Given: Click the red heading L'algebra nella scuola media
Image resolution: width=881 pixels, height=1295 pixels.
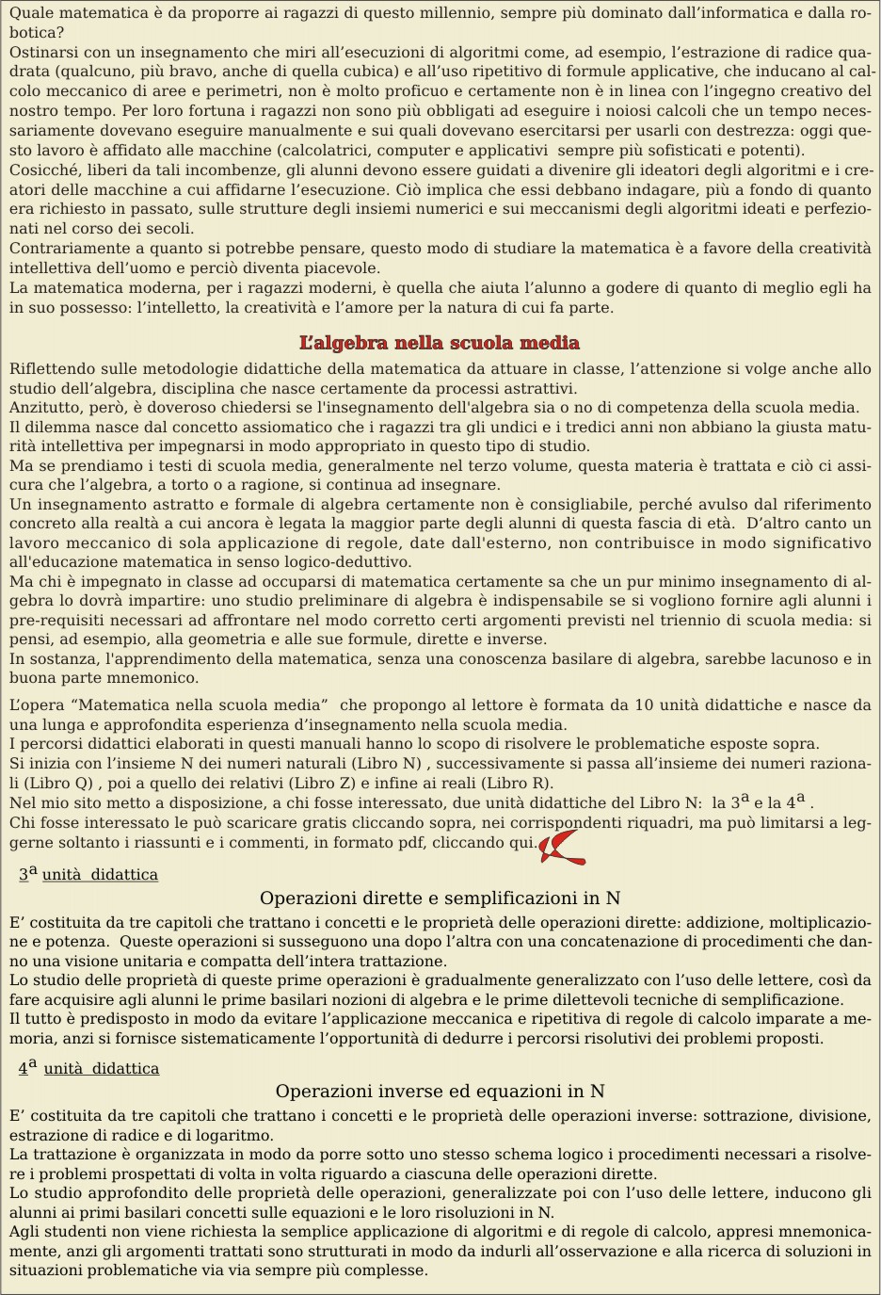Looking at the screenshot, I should [x=440, y=343].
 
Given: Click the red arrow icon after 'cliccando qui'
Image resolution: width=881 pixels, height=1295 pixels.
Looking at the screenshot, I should [x=561, y=846].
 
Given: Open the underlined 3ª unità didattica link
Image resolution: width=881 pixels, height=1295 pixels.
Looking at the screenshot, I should [x=89, y=875].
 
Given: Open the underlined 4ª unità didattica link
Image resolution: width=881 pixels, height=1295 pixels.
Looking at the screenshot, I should [x=89, y=1069].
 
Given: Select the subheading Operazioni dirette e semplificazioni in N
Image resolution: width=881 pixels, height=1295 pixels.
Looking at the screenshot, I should [x=440, y=898].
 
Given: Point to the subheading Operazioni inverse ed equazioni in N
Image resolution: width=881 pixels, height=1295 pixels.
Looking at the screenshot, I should [x=440, y=1092].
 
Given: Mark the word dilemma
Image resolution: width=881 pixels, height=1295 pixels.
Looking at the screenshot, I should [x=56, y=428].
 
